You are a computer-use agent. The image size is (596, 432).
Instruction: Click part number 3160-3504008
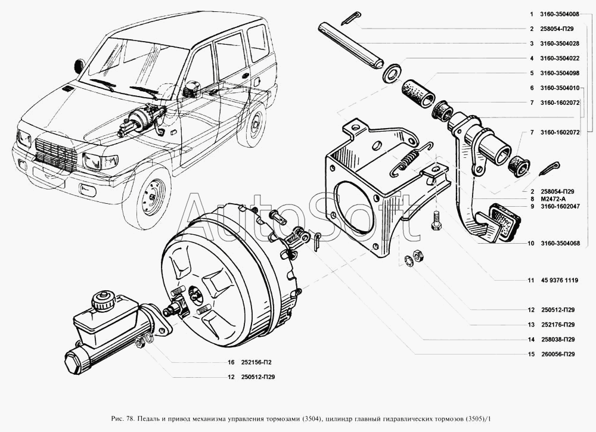coord(559,14)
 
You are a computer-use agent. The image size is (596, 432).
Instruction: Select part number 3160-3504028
coord(559,43)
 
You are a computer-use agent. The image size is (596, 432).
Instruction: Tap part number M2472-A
coord(552,198)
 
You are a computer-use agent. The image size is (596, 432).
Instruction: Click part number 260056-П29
coord(558,355)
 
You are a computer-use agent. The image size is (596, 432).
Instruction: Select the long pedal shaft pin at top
coord(349,46)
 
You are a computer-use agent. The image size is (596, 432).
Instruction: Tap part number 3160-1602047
coord(559,207)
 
